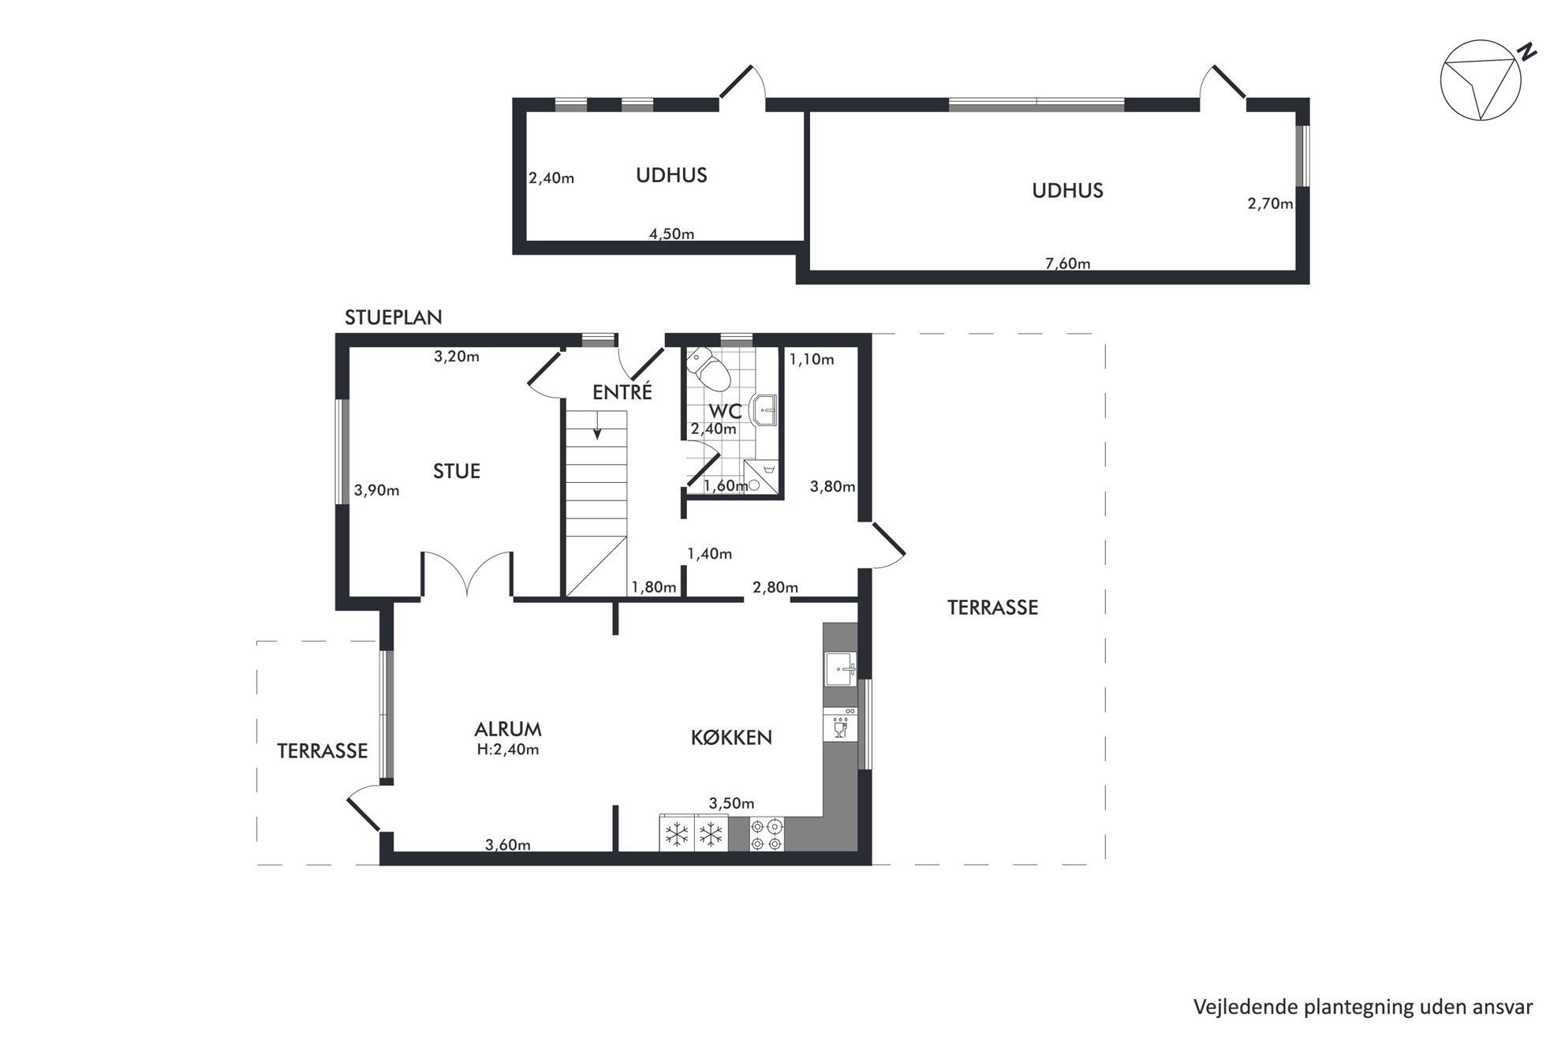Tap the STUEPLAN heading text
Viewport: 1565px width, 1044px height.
click(x=393, y=317)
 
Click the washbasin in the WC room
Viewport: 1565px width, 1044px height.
click(x=765, y=410)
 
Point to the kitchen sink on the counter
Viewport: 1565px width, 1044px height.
click(x=840, y=669)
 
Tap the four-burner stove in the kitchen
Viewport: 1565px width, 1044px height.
click(x=767, y=835)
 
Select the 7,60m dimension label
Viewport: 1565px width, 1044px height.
click(x=1067, y=264)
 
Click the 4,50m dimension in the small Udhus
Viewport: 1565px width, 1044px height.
click(x=671, y=234)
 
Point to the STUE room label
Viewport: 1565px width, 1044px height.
click(x=457, y=471)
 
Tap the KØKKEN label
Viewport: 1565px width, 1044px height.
click(x=731, y=738)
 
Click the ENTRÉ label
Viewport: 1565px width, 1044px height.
click(x=622, y=391)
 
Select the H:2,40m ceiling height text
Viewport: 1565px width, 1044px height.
click(x=508, y=750)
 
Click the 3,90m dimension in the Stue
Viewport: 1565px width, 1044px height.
click(x=376, y=491)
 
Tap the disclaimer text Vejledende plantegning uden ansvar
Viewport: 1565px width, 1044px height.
click(x=1363, y=1008)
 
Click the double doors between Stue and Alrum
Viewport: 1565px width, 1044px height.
click(x=468, y=574)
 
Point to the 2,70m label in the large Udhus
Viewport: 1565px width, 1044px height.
click(x=1270, y=204)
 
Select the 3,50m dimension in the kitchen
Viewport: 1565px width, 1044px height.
click(x=731, y=804)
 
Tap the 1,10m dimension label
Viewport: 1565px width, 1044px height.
click(x=812, y=360)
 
